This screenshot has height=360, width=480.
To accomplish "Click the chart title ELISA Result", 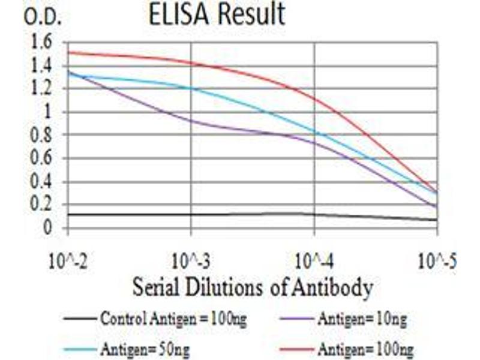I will coord(217,14).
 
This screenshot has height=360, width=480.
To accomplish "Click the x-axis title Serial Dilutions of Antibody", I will coord(252,288).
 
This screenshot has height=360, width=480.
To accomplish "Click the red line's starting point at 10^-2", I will coord(68,52).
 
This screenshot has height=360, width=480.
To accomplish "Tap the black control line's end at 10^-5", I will coord(436,220).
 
